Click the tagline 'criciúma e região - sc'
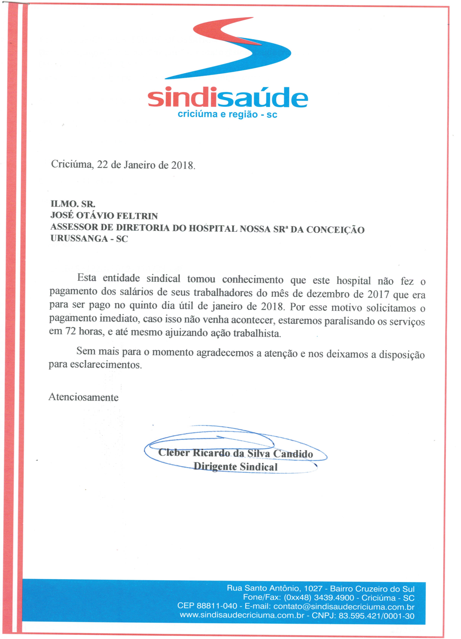click(x=227, y=114)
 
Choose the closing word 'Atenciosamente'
click(x=83, y=397)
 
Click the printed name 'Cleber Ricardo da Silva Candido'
click(x=236, y=453)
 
